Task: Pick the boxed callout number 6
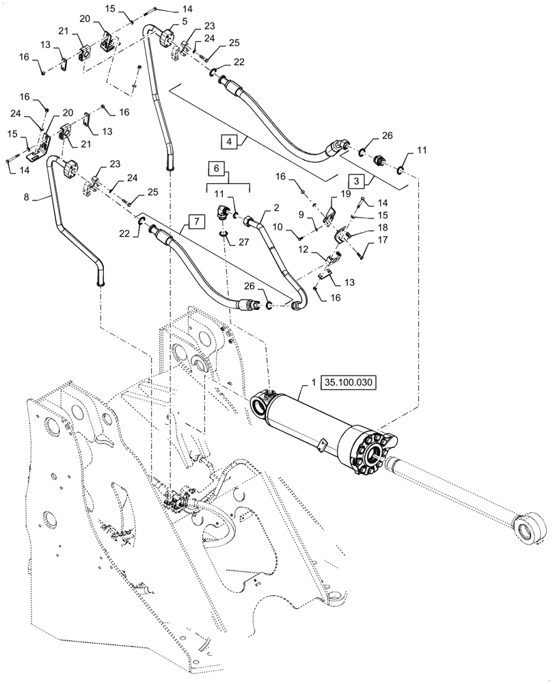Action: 215,168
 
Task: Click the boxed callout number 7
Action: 195,222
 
